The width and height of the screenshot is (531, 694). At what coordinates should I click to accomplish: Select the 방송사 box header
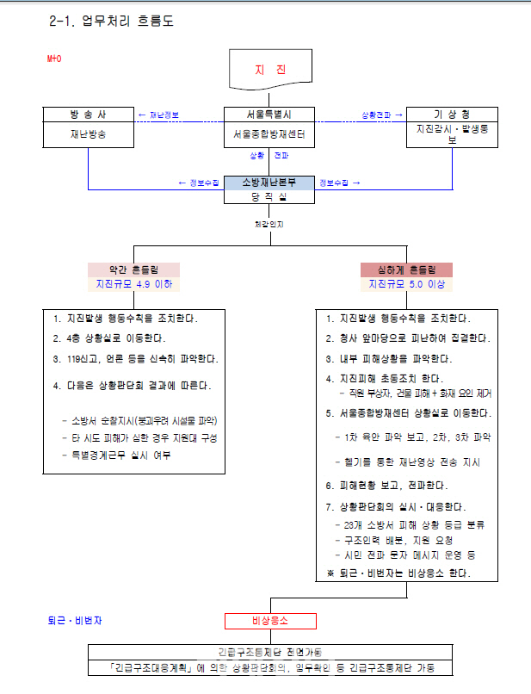tap(87, 115)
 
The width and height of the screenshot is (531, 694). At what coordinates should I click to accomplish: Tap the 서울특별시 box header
tap(269, 115)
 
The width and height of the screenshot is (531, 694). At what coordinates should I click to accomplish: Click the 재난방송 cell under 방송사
tap(87, 133)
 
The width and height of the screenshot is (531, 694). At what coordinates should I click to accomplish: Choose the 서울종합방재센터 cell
tap(269, 134)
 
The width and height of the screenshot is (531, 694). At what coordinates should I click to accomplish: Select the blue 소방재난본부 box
tap(269, 182)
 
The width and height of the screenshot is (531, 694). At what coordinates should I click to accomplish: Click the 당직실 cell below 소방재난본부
tap(269, 196)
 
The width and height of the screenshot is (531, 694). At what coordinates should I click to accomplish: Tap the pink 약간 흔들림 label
tap(133, 270)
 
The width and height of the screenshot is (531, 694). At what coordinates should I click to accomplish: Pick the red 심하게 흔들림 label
tap(407, 270)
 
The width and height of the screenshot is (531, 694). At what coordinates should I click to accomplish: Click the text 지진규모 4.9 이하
tap(133, 284)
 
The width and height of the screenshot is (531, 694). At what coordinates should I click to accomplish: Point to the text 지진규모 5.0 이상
tap(407, 284)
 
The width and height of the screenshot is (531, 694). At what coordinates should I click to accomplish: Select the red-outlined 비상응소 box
tap(271, 621)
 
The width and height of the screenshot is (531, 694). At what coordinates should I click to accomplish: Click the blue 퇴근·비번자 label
tap(75, 620)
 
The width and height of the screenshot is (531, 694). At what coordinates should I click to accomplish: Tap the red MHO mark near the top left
tap(54, 59)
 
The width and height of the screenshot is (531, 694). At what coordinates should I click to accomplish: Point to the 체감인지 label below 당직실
tap(269, 225)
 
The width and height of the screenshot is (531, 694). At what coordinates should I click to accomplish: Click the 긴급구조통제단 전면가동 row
tap(270, 652)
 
